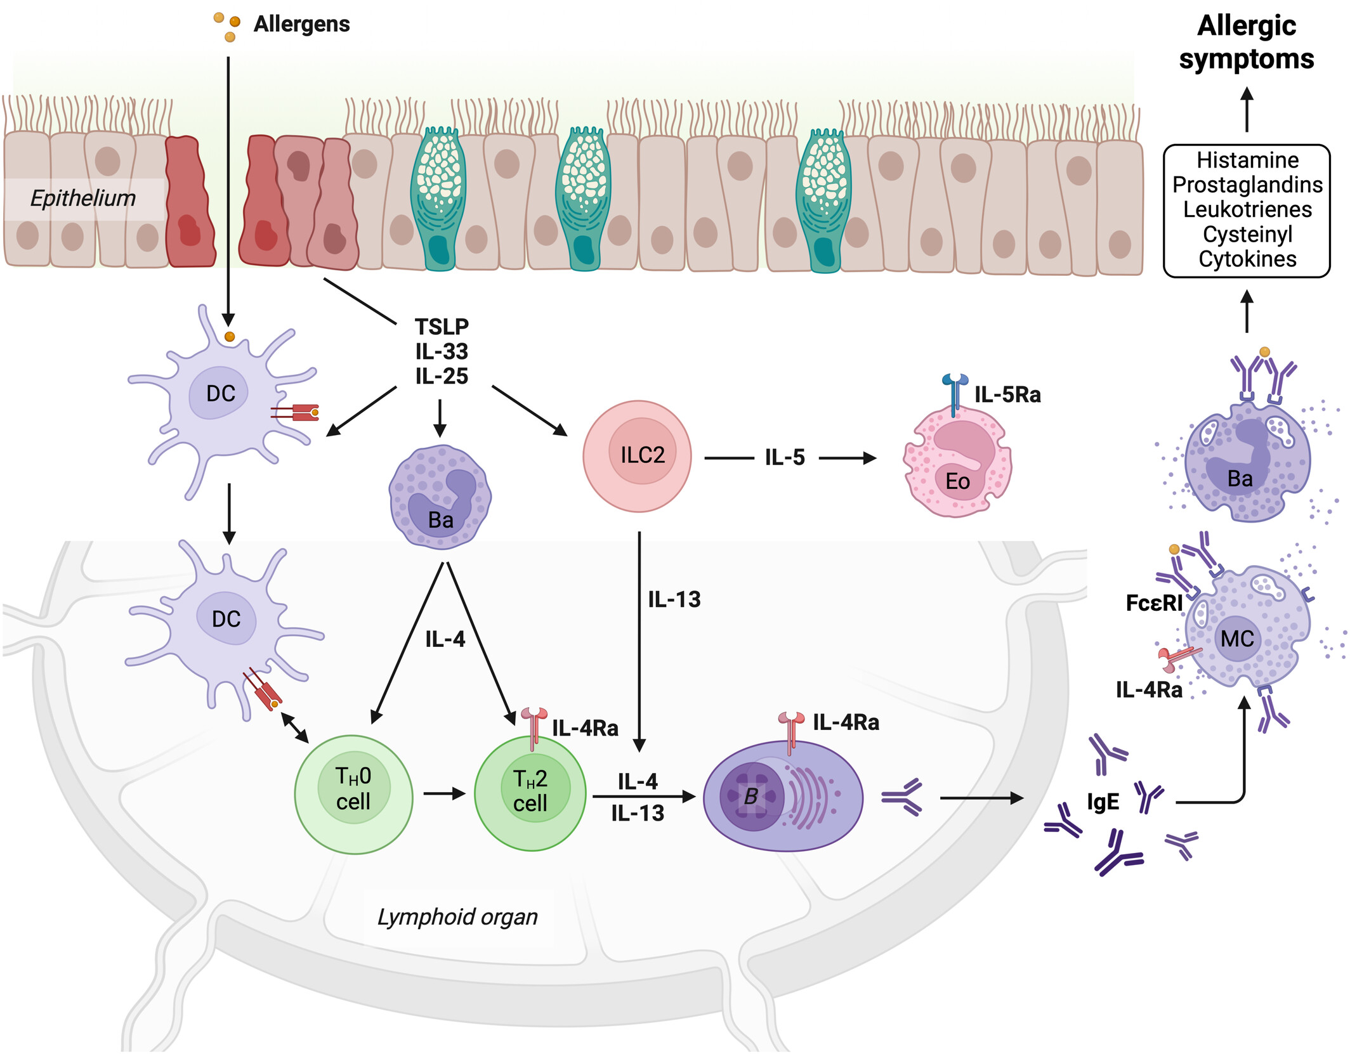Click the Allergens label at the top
[x=301, y=24]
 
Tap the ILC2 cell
[x=637, y=456]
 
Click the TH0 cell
[x=354, y=795]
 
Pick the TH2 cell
[x=530, y=793]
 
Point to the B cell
[x=783, y=796]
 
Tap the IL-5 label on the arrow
[x=785, y=457]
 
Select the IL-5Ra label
[x=1007, y=395]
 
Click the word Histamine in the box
[x=1247, y=160]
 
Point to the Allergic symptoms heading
[x=1247, y=42]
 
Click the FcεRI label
[x=1154, y=602]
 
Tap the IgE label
[x=1103, y=802]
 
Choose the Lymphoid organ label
[x=457, y=917]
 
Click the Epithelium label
[x=83, y=198]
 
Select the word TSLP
[x=442, y=327]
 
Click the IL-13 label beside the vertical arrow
[x=674, y=599]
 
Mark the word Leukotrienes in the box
[x=1247, y=209]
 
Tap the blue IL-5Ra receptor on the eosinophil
[x=955, y=394]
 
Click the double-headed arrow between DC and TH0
[x=295, y=727]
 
